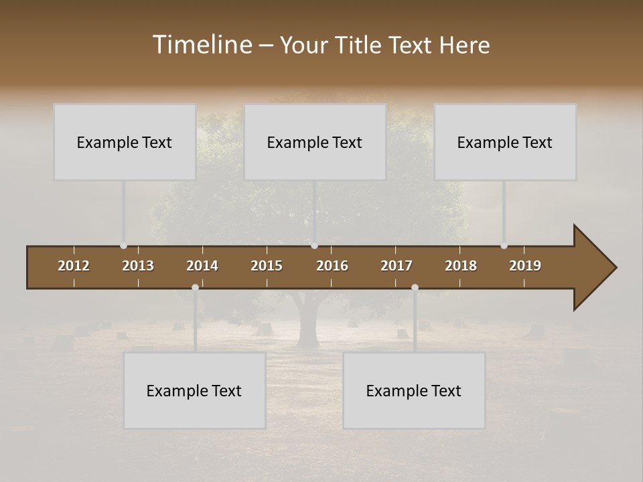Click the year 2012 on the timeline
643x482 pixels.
click(74, 266)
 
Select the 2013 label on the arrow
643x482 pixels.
click(138, 266)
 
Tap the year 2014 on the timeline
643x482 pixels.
click(202, 266)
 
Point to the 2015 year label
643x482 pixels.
click(267, 266)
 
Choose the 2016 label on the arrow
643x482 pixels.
click(332, 266)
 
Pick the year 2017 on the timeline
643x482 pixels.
click(397, 266)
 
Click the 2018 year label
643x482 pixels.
click(461, 266)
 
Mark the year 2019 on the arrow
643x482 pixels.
click(525, 266)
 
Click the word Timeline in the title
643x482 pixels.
click(202, 45)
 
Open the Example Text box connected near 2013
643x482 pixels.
click(125, 142)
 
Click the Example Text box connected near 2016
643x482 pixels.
click(315, 142)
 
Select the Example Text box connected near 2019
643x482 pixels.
click(505, 142)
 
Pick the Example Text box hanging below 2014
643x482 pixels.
click(194, 390)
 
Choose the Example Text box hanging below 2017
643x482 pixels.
click(414, 390)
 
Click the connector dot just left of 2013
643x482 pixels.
click(123, 246)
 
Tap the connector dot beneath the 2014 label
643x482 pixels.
click(195, 287)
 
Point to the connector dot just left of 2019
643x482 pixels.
click(504, 246)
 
